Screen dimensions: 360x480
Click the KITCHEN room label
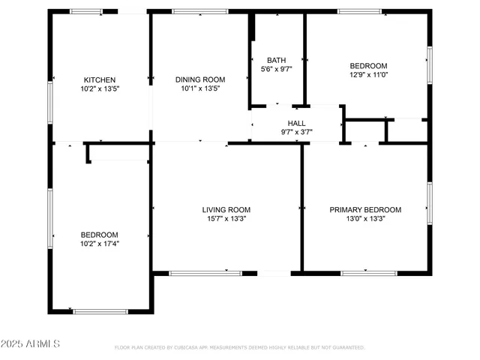99,79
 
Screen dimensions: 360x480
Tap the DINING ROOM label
200,79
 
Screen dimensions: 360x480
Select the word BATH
277,60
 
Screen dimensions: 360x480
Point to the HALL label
297,123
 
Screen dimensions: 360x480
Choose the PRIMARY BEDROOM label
365,210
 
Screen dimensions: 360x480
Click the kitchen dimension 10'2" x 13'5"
99,88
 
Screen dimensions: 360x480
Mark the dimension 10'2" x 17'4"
100,243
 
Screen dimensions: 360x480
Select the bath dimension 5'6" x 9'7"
277,69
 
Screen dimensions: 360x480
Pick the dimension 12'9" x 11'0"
368,74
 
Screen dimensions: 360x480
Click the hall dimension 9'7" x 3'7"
297,132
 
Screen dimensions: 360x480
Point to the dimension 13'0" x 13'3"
365,219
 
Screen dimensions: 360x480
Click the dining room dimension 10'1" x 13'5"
200,88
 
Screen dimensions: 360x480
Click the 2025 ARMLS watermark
31,343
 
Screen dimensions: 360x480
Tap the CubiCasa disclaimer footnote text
240,348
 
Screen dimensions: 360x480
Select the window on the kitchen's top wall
86,11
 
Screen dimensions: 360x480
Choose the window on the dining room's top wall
199,11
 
